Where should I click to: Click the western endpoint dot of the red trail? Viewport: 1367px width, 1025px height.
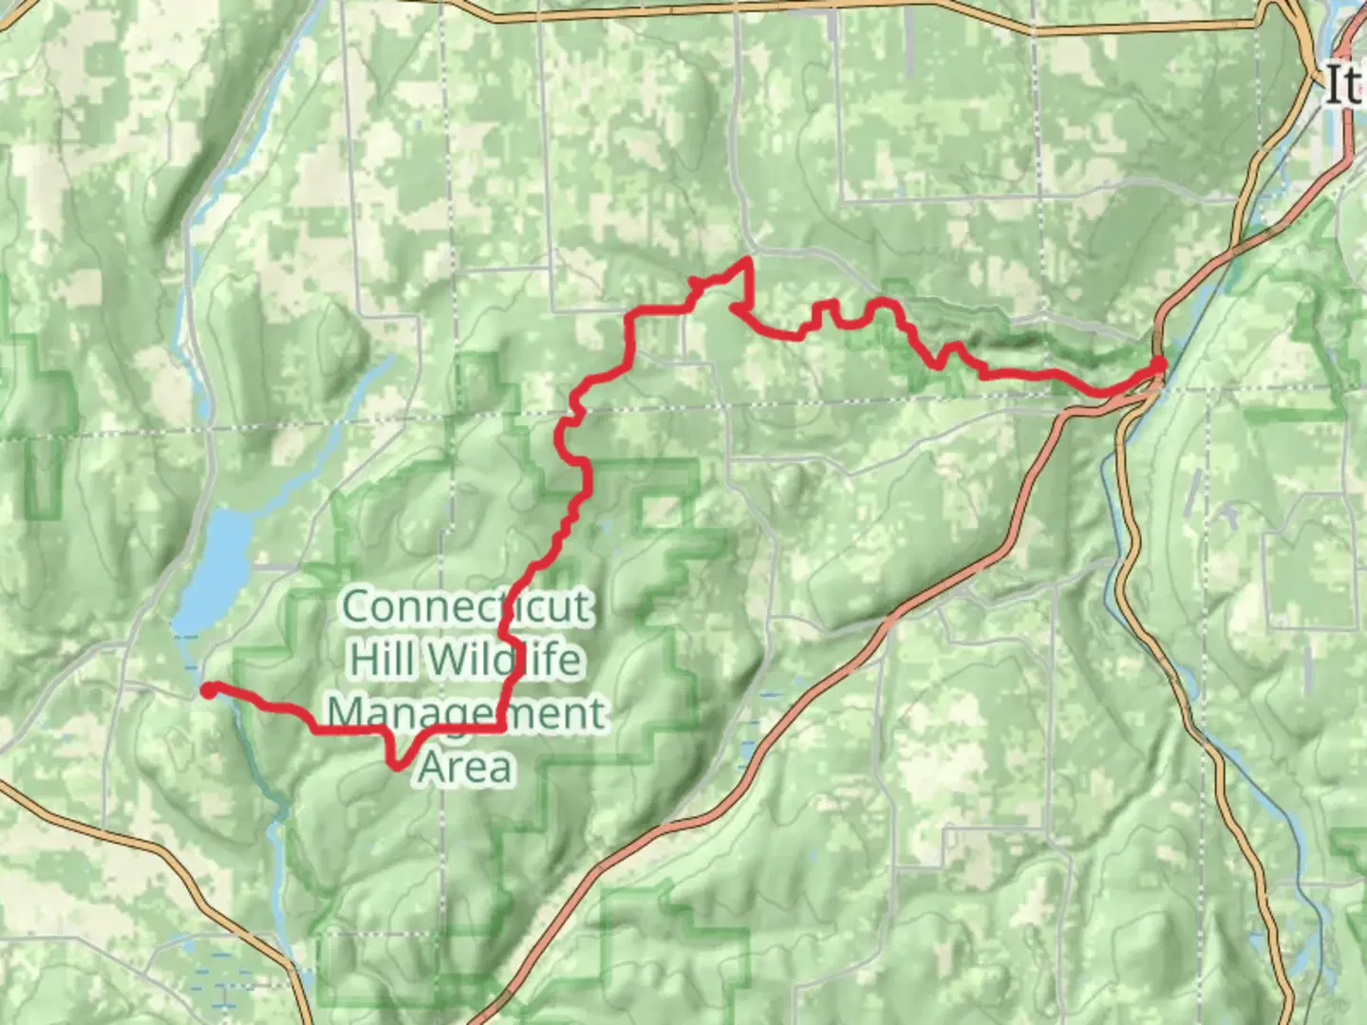point(208,690)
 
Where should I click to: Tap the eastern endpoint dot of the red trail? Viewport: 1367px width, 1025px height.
point(1159,363)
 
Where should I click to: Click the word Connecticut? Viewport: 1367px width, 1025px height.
point(465,606)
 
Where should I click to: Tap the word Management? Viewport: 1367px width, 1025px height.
point(465,713)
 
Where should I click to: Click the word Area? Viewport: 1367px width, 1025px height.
point(465,767)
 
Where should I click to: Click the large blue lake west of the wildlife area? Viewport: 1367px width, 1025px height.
point(214,569)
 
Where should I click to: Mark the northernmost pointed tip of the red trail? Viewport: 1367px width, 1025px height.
point(749,259)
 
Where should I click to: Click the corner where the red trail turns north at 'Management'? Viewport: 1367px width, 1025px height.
point(501,728)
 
